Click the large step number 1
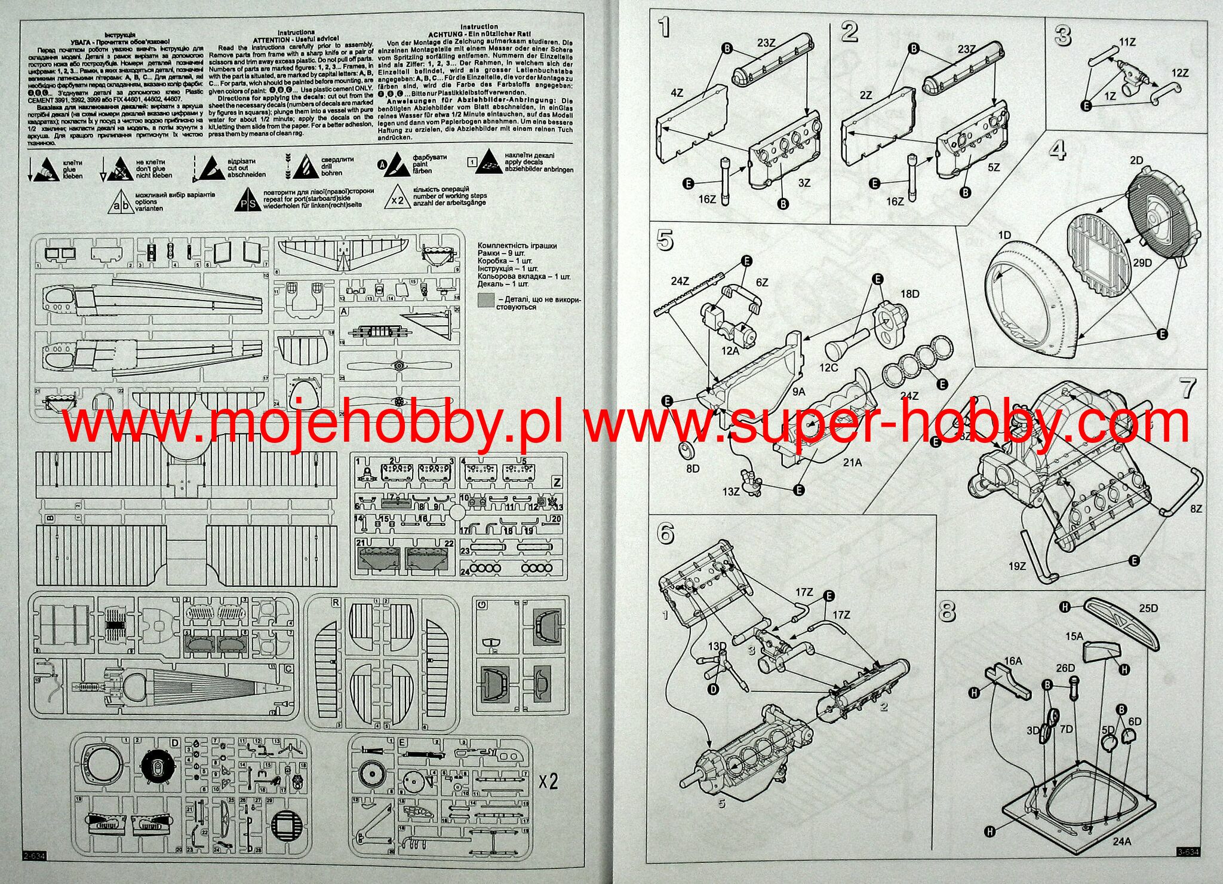point(663,27)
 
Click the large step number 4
point(1057,150)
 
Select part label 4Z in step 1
point(677,93)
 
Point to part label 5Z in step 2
point(993,168)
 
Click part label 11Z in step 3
point(1127,42)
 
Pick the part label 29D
point(1142,262)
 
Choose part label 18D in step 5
point(910,293)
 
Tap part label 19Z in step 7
point(1017,565)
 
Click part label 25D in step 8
point(1148,608)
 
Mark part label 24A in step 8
point(1122,842)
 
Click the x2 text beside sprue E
point(548,781)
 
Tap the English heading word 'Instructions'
point(296,32)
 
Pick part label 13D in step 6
point(717,646)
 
